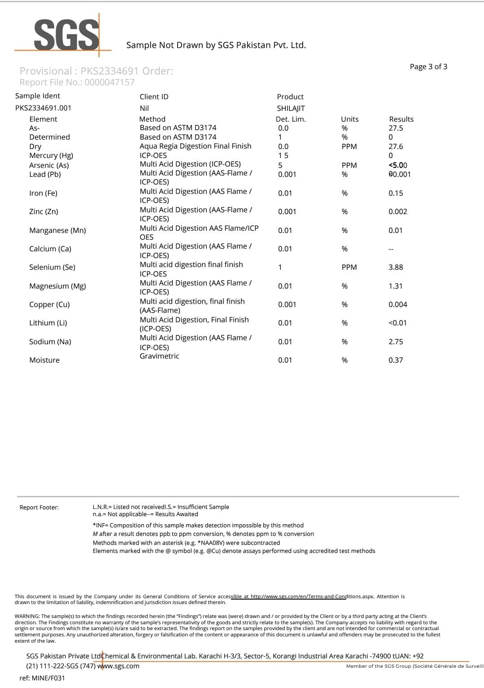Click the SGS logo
[66, 35]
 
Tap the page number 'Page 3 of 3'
[428, 67]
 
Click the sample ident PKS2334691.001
[43, 108]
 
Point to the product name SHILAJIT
[291, 109]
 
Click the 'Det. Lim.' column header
[291, 119]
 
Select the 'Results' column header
[401, 119]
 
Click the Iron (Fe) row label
[43, 193]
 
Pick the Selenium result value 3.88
[396, 267]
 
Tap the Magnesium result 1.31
[396, 286]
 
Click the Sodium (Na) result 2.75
[396, 342]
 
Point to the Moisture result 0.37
[396, 360]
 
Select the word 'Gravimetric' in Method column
[159, 356]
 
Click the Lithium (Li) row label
[48, 323]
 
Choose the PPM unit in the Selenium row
[349, 267]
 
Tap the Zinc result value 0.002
[398, 212]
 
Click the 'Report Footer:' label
[39, 508]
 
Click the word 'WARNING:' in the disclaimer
[27, 617]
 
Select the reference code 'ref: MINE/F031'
[42, 678]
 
